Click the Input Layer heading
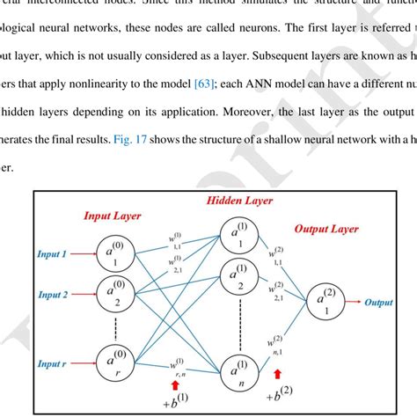pos(113,215)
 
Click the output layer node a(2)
pos(330,305)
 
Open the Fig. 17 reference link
pos(126,143)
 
